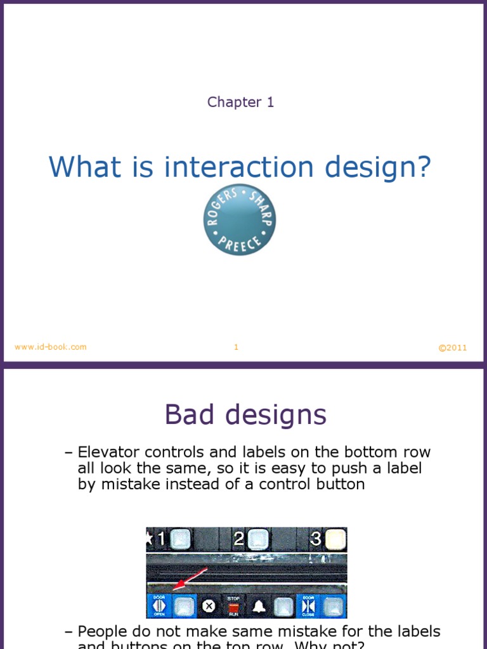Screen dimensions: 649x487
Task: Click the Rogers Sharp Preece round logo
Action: coord(240,220)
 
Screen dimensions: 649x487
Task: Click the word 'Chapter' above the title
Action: coord(234,102)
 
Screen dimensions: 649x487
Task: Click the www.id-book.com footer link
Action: coord(51,347)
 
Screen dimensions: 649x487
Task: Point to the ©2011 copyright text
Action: coord(453,347)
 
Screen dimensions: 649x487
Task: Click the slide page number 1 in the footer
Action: coord(236,347)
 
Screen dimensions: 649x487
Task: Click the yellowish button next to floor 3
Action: coord(336,539)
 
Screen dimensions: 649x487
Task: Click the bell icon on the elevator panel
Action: coord(259,607)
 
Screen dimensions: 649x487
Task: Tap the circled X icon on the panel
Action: coord(208,607)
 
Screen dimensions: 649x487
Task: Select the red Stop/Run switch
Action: coord(233,607)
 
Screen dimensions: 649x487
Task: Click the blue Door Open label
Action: coord(159,606)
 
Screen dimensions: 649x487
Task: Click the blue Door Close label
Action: coord(309,606)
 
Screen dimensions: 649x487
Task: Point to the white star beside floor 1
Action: coord(150,539)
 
